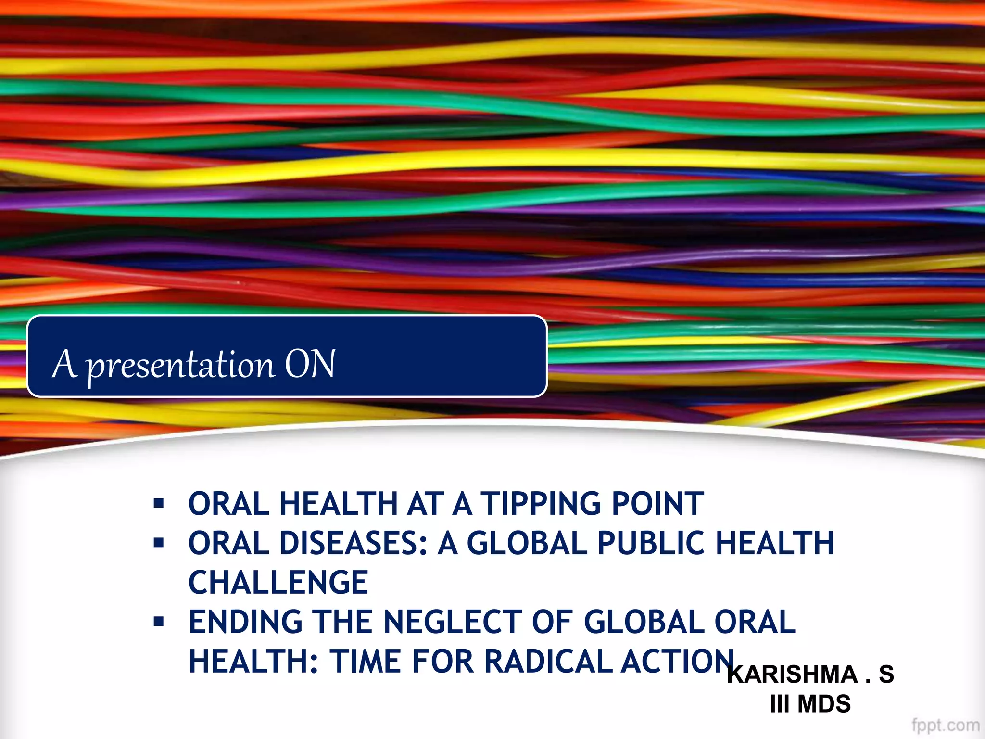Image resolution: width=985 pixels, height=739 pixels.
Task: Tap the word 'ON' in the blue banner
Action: click(310, 364)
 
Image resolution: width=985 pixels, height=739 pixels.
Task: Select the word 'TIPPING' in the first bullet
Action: click(541, 504)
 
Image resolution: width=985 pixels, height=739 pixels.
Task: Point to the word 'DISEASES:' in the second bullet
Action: click(354, 543)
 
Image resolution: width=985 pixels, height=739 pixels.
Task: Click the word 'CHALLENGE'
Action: click(278, 583)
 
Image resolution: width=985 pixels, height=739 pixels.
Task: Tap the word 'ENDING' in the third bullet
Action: click(246, 622)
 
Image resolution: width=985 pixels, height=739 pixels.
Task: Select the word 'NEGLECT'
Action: click(453, 622)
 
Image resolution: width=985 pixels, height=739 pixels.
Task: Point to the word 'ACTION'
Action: click(678, 662)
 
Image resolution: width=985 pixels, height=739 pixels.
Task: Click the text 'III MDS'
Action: click(810, 704)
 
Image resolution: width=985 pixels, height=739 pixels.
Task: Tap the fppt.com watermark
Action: click(945, 725)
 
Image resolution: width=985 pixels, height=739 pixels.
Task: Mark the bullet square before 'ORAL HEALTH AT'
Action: click(159, 504)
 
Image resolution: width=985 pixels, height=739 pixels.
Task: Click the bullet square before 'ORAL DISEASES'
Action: click(159, 543)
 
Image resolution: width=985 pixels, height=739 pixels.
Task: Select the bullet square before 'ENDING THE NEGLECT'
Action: click(159, 622)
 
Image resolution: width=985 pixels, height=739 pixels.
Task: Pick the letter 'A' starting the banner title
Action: click(64, 364)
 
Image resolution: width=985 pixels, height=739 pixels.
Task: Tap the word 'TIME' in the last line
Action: click(366, 662)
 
